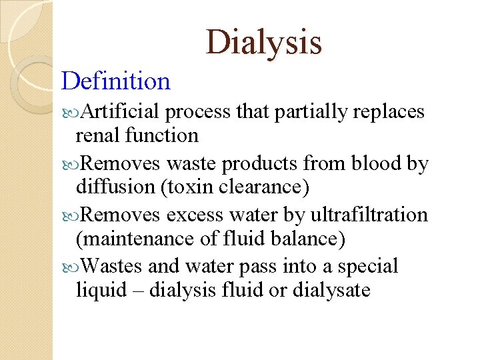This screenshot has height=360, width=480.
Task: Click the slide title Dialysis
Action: pyautogui.click(x=264, y=42)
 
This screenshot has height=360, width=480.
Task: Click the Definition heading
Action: pyautogui.click(x=116, y=81)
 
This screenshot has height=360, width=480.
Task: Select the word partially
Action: pyautogui.click(x=309, y=111)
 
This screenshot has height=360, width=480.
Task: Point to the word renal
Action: pyautogui.click(x=95, y=135)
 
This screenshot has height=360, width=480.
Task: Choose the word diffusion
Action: pyautogui.click(x=115, y=187)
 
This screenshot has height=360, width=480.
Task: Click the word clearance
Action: pyautogui.click(x=264, y=187)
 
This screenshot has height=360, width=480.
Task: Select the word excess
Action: pyautogui.click(x=195, y=215)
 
